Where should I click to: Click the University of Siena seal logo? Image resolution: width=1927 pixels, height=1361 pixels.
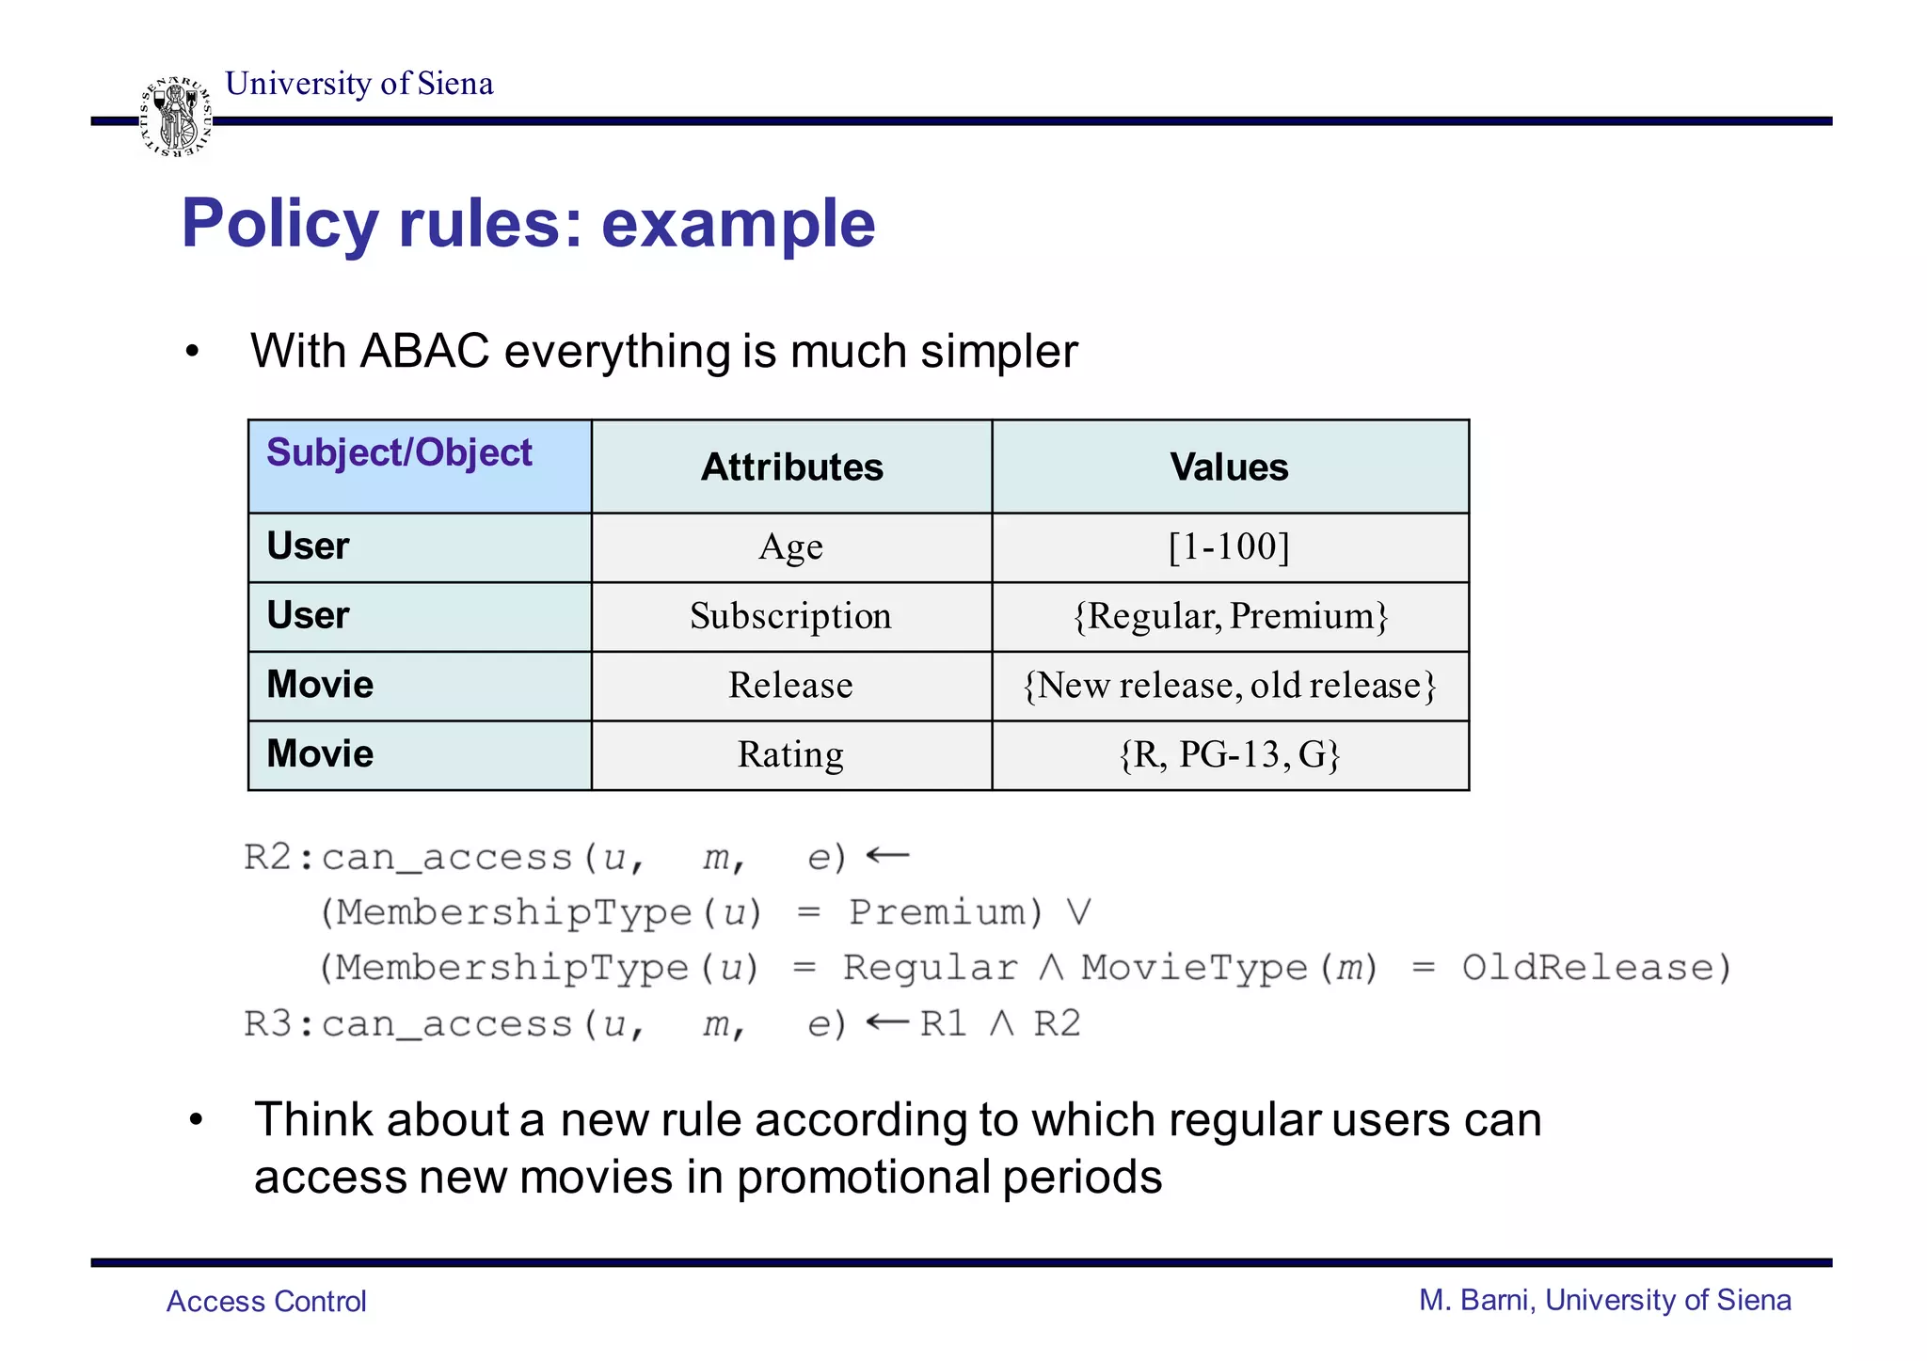coord(176,117)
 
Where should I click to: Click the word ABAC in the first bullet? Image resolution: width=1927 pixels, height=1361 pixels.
coord(424,352)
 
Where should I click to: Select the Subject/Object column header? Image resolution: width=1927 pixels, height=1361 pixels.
coord(399,452)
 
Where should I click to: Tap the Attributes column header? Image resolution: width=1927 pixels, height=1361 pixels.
coord(791,467)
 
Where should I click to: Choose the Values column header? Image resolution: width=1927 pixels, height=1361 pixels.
coord(1229,467)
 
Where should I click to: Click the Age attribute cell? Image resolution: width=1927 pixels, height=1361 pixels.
coord(790,547)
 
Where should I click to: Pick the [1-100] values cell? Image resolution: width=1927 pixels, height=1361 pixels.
coord(1229,547)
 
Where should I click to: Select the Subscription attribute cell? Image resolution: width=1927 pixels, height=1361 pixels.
coord(790,617)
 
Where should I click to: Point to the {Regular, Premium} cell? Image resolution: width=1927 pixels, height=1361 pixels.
coord(1230,617)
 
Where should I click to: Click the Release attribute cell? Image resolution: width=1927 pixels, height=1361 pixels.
coord(790,686)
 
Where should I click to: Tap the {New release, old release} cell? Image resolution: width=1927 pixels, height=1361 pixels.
coord(1230,686)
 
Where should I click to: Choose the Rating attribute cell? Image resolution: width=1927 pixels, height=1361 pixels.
coord(790,755)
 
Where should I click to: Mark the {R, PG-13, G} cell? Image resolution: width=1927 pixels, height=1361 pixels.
coord(1230,755)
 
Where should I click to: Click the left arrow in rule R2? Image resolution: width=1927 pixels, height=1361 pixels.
coord(886,856)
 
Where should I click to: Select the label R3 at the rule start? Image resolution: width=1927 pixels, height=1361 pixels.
coord(268,1023)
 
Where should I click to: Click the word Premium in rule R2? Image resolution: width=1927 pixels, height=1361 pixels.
coord(945,912)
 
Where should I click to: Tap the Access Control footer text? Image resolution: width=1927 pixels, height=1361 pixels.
coord(266,1301)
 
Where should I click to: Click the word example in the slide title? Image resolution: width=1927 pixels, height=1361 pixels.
coord(738,224)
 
